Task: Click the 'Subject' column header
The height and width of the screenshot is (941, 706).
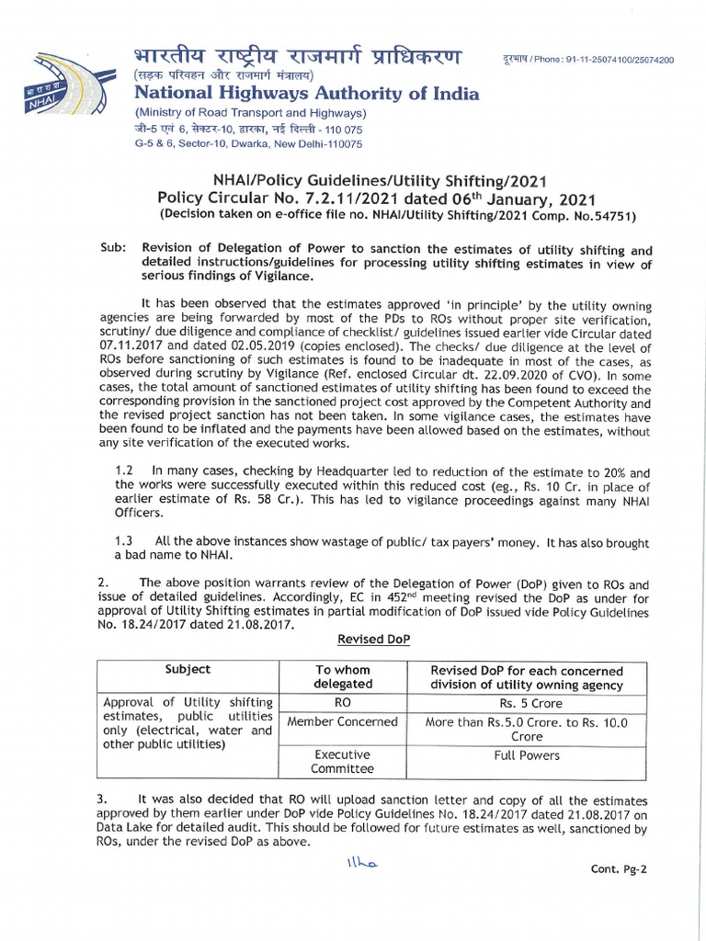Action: (188, 670)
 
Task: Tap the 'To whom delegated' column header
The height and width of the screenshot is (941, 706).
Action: (343, 676)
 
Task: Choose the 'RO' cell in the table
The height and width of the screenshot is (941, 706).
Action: (343, 704)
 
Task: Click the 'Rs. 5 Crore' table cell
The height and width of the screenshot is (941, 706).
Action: (527, 704)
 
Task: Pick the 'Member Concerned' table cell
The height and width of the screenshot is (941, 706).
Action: (343, 722)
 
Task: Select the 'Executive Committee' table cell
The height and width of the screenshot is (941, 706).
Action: (343, 762)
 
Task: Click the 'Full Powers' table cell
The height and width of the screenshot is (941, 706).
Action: (527, 755)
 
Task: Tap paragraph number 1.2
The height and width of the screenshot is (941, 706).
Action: (123, 469)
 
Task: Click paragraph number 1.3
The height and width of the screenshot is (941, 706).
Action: (123, 543)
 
